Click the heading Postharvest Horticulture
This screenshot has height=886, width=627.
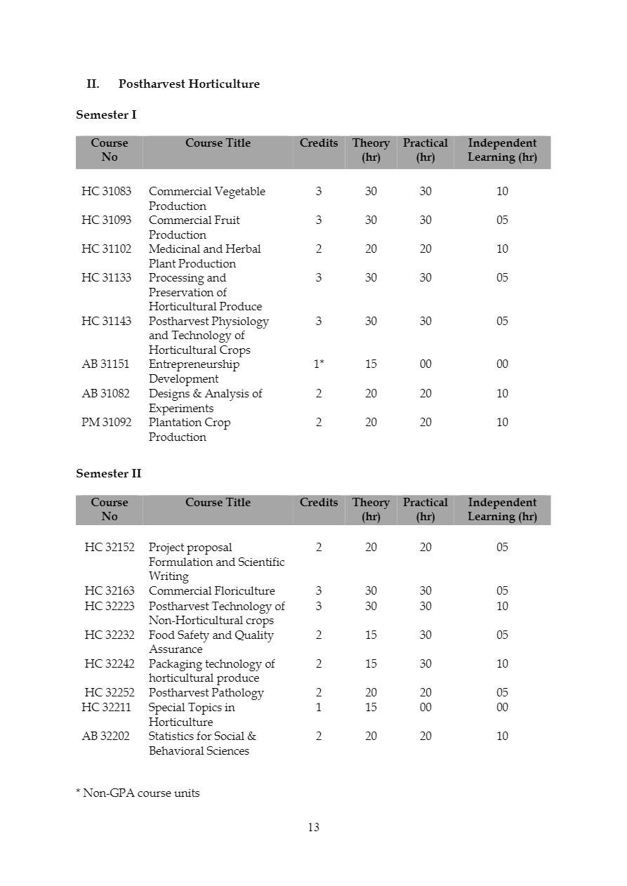pos(189,84)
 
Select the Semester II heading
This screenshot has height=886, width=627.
pos(108,474)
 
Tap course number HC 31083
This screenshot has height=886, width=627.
pos(106,192)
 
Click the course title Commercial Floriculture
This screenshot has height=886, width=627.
pos(211,591)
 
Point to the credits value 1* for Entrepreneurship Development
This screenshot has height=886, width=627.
pos(319,364)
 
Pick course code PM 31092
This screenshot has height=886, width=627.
pos(106,423)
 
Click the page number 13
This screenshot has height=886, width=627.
pos(313,828)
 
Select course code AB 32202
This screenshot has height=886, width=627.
pos(106,736)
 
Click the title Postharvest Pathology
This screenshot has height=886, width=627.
pos(206,693)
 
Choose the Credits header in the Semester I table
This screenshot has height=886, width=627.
pos(319,143)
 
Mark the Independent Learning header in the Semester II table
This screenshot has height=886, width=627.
pos(502,510)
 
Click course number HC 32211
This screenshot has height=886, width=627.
pos(106,708)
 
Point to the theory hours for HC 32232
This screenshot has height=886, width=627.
pos(371,635)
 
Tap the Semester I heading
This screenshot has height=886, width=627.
pos(106,114)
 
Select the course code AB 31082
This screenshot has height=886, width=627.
pos(106,394)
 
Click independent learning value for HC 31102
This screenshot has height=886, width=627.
pos(502,249)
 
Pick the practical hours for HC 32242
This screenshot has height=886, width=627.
pos(425,664)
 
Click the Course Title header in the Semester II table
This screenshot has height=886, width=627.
pos(218,503)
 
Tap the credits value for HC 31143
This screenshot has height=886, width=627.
pos(319,322)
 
